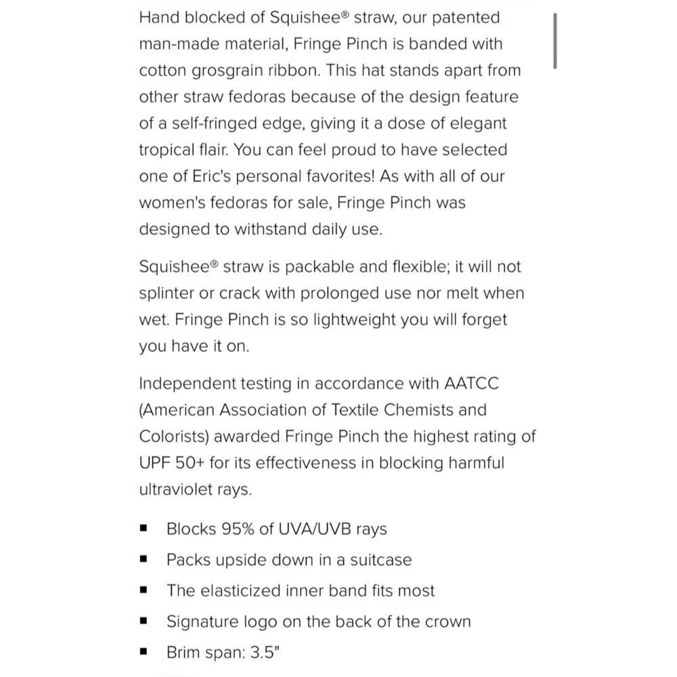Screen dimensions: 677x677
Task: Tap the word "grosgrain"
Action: (225, 70)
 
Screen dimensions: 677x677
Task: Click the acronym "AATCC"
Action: (471, 383)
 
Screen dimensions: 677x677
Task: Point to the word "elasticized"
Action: (246, 590)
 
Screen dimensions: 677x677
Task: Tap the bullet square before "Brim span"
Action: (143, 653)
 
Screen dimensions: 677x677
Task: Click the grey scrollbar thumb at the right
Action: (555, 41)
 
